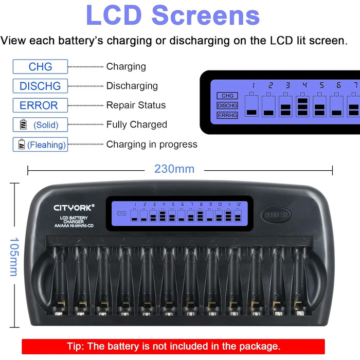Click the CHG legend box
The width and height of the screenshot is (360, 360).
click(40, 66)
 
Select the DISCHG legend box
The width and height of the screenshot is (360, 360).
click(40, 86)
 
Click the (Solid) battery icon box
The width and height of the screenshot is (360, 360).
click(40, 124)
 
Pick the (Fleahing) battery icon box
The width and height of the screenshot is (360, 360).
click(40, 145)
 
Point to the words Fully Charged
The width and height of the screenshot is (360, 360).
click(136, 124)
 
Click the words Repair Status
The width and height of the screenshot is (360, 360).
click(136, 105)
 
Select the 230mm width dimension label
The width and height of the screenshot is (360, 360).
click(174, 168)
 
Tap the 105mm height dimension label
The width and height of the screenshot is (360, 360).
click(14, 256)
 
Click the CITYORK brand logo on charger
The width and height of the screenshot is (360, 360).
click(75, 208)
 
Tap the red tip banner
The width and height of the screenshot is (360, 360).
click(173, 346)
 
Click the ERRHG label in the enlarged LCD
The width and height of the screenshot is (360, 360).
click(226, 115)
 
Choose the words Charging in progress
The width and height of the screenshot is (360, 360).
click(152, 145)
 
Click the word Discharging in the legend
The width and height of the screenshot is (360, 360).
click(132, 86)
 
